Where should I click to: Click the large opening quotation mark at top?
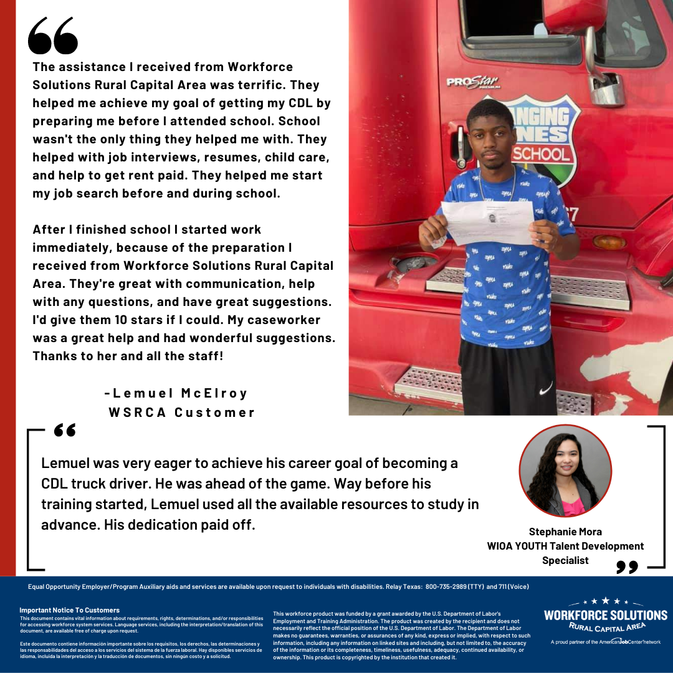pos(53,36)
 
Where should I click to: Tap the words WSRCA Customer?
pos(182,413)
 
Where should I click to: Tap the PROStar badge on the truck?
pos(472,82)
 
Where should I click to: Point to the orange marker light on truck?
pos(609,242)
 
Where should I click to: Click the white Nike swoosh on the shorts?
pos(545,388)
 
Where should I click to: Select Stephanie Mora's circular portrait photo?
pos(565,471)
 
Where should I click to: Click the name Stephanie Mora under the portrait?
pos(565,532)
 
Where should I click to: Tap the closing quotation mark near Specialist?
pos(628,566)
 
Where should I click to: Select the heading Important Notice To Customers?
pos(69,610)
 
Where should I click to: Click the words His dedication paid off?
pos(179,525)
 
